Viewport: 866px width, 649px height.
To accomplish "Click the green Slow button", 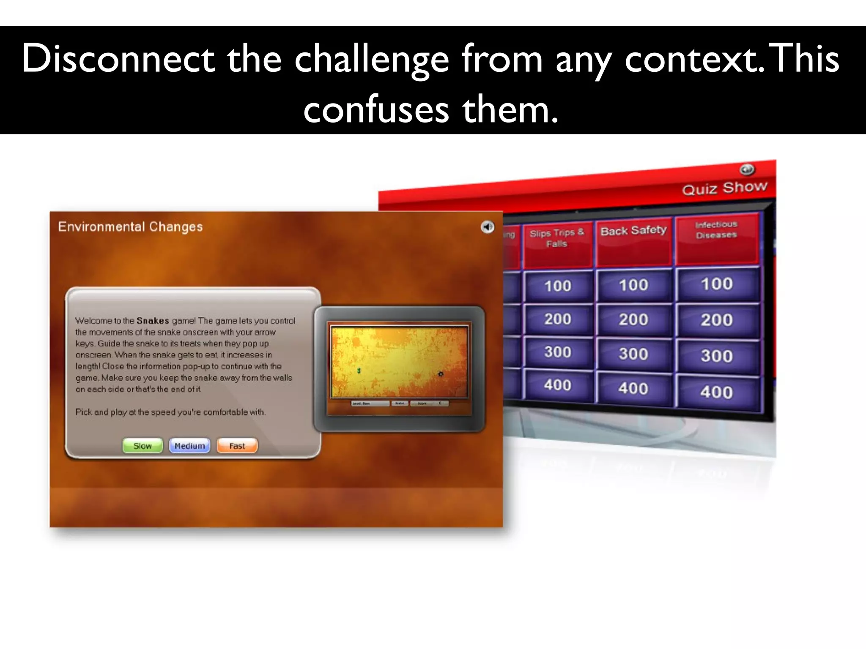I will click(x=143, y=446).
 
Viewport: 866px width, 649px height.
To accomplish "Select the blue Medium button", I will click(x=189, y=446).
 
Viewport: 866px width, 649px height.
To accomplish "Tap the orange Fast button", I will click(x=237, y=446).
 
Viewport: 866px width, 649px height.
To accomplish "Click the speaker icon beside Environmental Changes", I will click(x=488, y=227).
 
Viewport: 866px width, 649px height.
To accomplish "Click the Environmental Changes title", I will click(x=130, y=227).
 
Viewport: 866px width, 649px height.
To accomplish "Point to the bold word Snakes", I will click(x=153, y=321).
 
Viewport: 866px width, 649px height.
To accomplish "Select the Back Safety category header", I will click(x=633, y=231).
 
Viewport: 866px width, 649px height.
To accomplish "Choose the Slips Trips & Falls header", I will click(x=556, y=238).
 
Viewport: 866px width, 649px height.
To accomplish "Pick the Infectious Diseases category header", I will click(x=716, y=229).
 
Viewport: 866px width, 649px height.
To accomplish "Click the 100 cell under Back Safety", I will click(x=633, y=285).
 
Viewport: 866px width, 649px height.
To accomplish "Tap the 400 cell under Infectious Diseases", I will click(x=716, y=392).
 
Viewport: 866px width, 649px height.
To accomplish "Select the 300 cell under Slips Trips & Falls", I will click(x=558, y=352).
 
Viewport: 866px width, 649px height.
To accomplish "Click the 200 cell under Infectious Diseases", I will click(x=716, y=320).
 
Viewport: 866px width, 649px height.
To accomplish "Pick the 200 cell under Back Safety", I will click(x=633, y=319).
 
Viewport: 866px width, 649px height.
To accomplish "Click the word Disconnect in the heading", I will click(x=118, y=59).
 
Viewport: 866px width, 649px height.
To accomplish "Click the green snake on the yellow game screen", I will click(x=359, y=371).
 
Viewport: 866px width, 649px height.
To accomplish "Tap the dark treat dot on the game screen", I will click(x=441, y=374).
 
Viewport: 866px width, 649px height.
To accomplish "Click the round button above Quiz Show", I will click(x=747, y=169).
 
